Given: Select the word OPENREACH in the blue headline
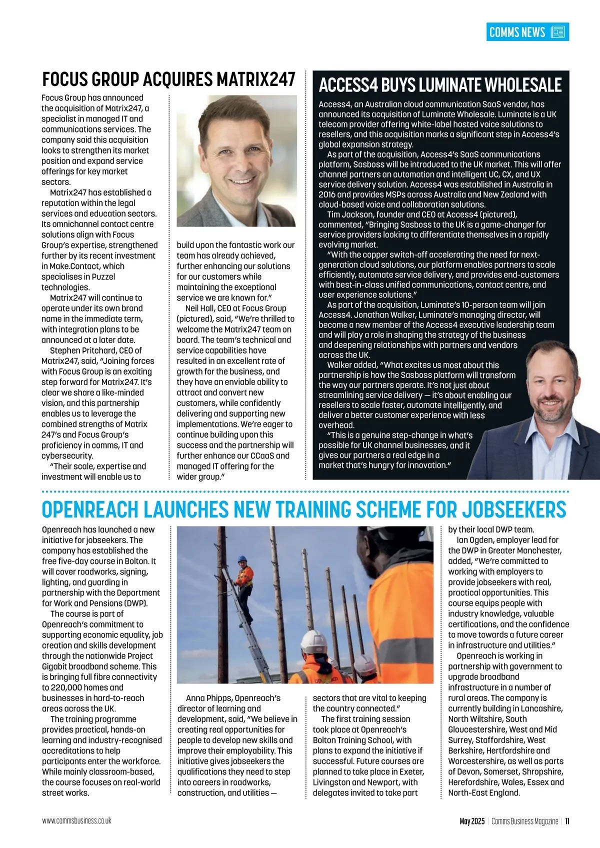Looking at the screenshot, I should point(89,510).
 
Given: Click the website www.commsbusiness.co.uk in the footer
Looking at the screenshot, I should point(76,821).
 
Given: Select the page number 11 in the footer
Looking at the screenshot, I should point(567,821).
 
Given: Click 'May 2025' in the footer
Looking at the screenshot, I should point(472,821).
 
